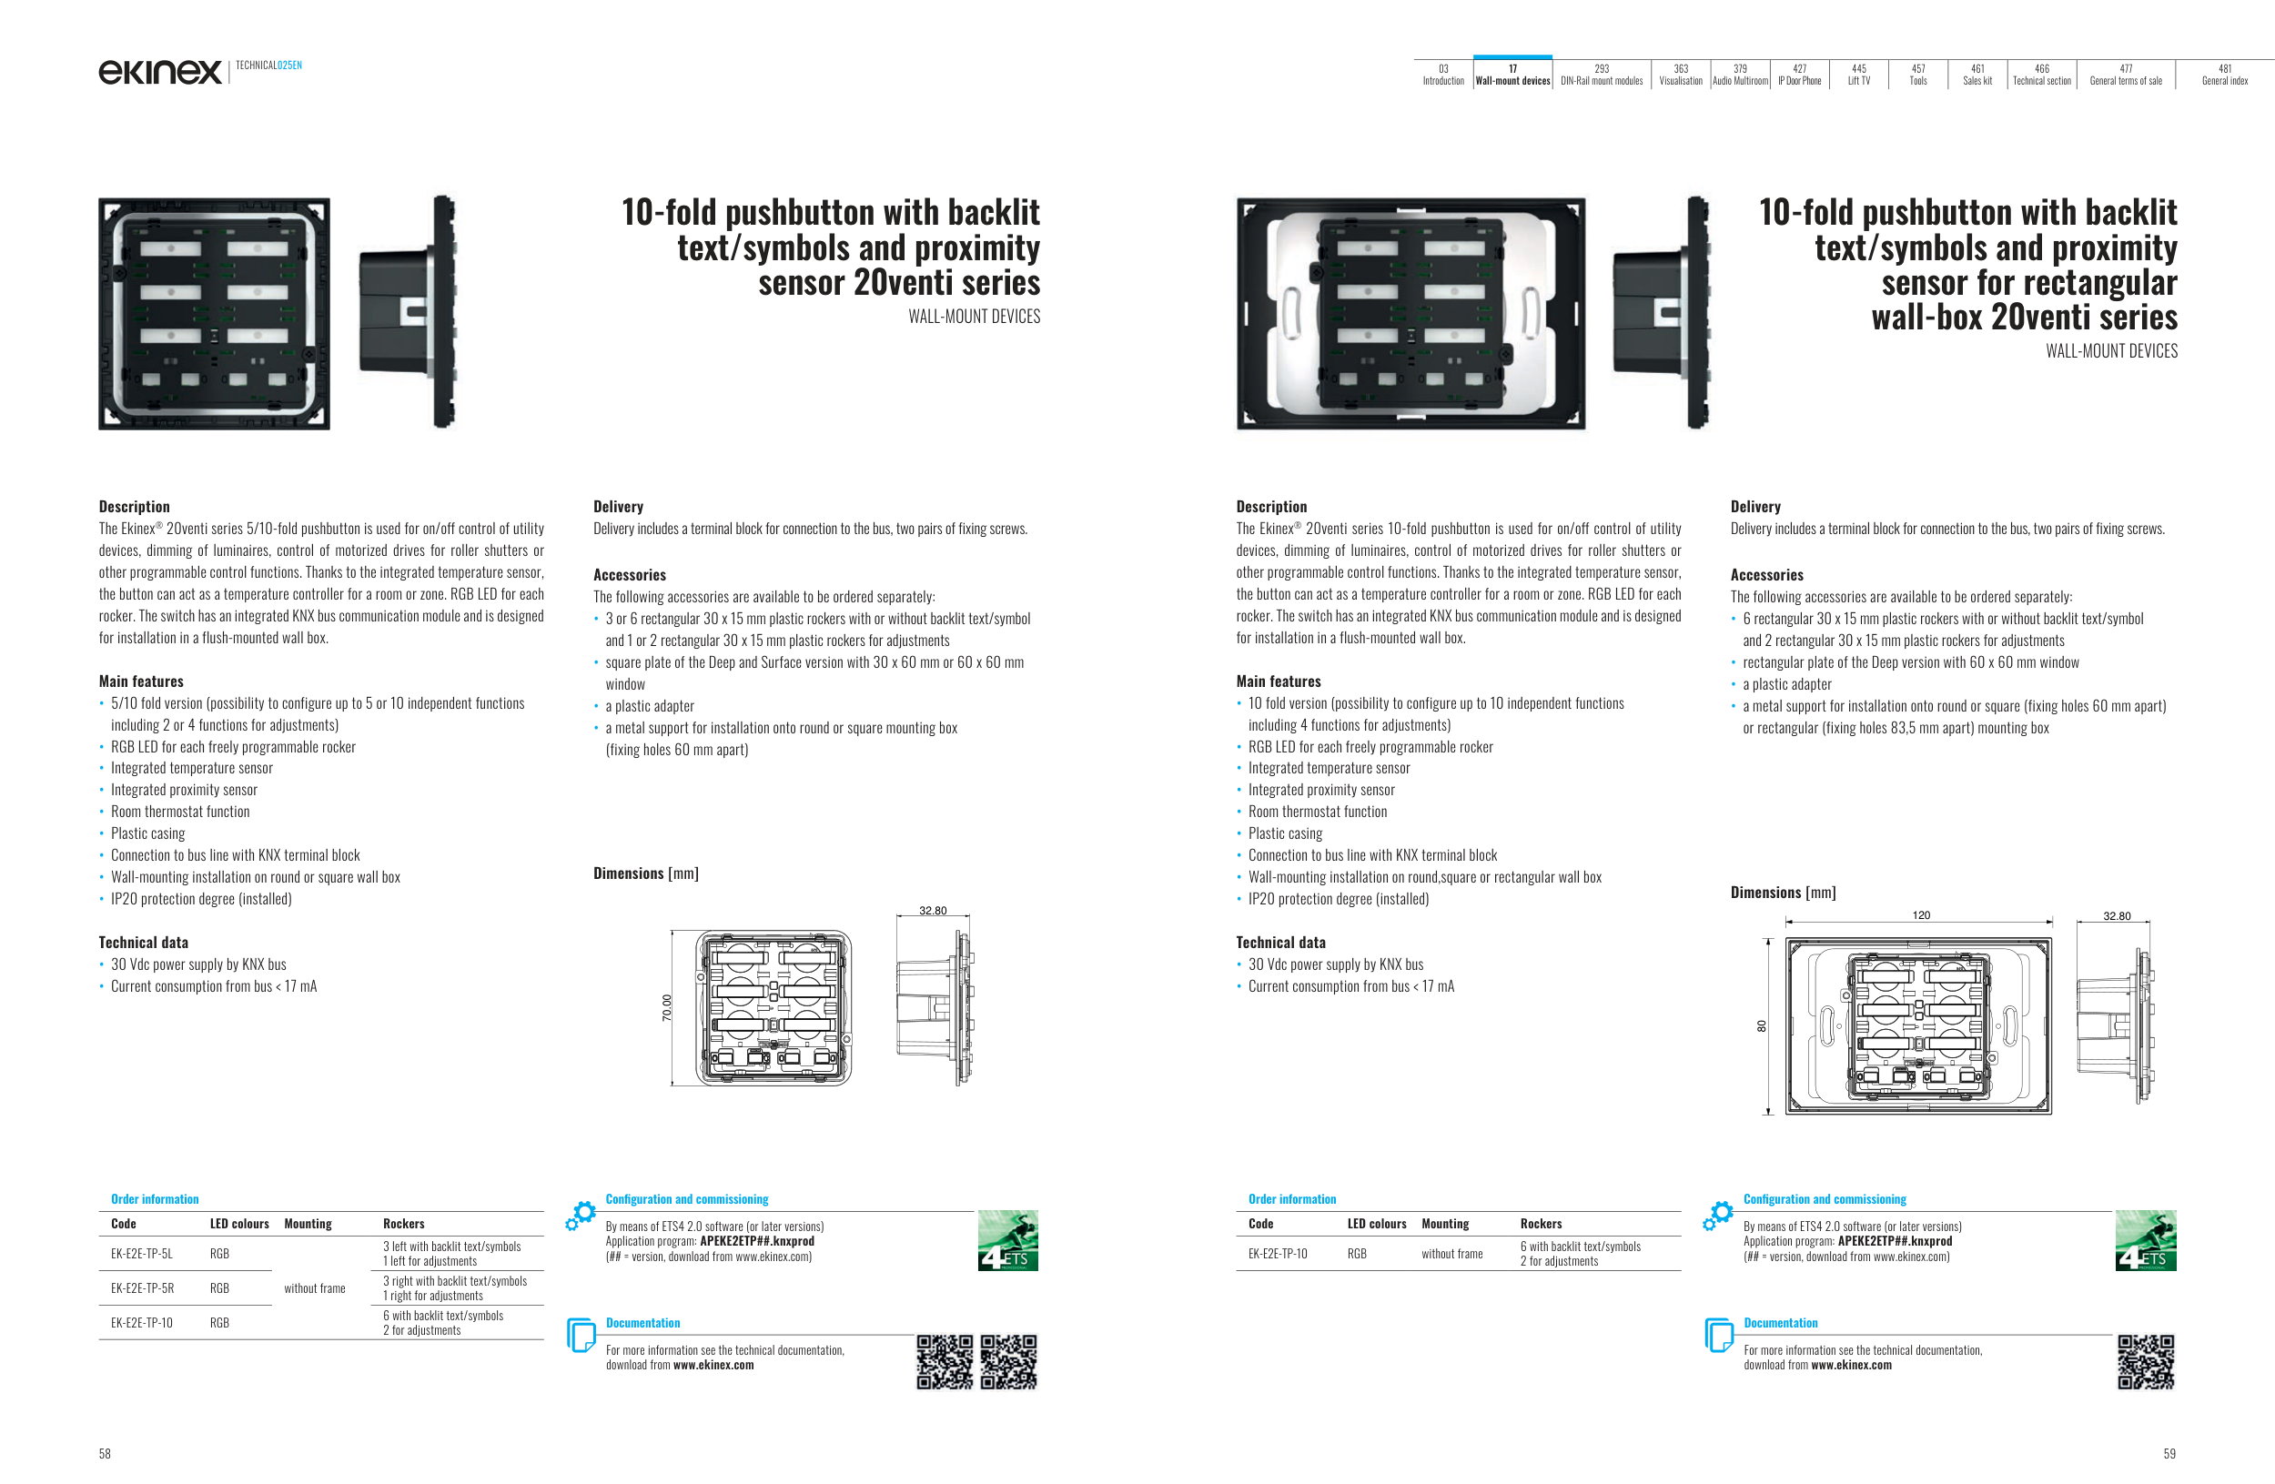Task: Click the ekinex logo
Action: click(x=159, y=72)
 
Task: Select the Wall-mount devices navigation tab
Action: click(x=1512, y=75)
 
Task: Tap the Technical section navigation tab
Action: click(x=2042, y=75)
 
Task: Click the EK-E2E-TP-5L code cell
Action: click(x=141, y=1254)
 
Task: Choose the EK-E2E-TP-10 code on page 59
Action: click(x=1277, y=1254)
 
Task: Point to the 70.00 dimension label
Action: click(x=667, y=1007)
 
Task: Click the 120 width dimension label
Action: click(x=1920, y=915)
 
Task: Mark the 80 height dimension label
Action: click(x=1761, y=1026)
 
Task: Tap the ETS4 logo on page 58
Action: click(x=1007, y=1240)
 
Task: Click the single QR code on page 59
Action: click(x=2146, y=1362)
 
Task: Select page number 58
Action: click(x=106, y=1453)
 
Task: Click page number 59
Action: click(x=2169, y=1453)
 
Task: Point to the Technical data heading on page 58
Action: click(x=144, y=943)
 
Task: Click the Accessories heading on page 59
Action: click(x=1766, y=575)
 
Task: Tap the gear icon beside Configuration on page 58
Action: click(x=581, y=1215)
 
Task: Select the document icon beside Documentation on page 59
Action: click(x=1718, y=1335)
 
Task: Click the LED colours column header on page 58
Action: click(x=239, y=1224)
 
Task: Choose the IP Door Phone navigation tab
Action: click(x=1799, y=75)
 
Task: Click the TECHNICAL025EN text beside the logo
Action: click(x=268, y=65)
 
